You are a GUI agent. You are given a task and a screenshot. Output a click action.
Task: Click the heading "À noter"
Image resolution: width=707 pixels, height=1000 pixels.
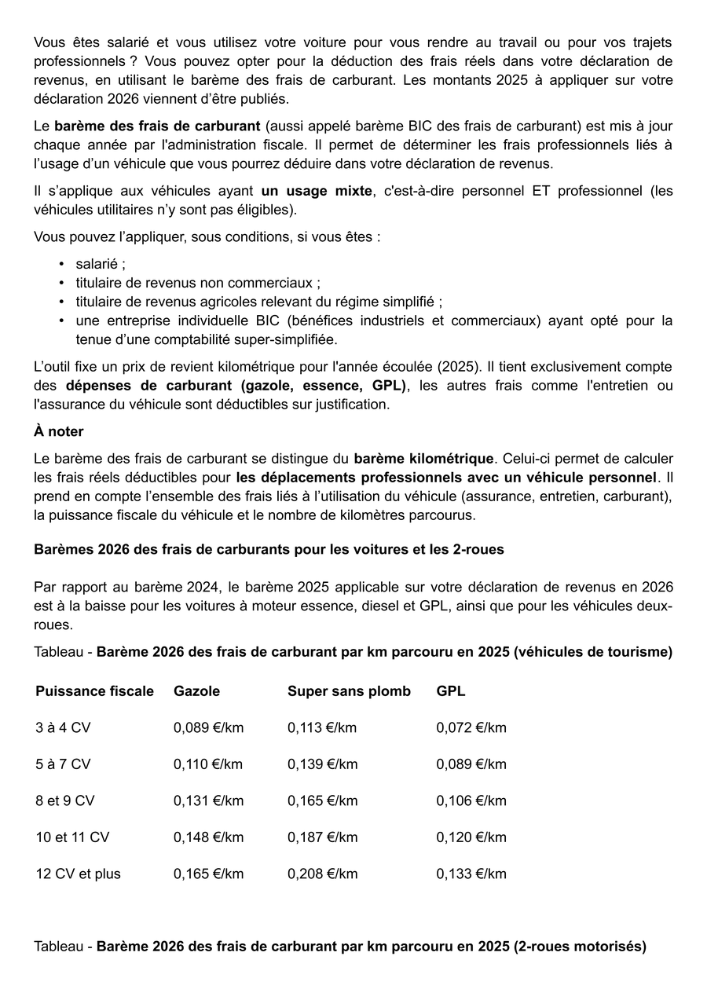(59, 431)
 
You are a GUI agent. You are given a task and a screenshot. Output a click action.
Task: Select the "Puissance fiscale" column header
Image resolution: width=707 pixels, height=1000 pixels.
(94, 691)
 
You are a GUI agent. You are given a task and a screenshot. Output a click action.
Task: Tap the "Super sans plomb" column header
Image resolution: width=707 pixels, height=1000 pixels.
(349, 691)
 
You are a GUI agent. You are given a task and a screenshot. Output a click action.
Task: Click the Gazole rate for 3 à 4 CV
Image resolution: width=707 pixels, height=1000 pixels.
(208, 727)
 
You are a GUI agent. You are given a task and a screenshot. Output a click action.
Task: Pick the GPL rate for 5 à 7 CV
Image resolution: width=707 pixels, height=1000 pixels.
(471, 764)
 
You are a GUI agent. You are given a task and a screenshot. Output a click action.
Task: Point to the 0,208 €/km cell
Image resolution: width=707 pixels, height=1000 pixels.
(322, 874)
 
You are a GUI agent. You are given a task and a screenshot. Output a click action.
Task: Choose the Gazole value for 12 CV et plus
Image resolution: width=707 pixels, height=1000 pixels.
(208, 874)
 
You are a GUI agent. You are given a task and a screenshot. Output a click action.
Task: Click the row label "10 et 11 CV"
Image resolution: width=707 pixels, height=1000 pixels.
(72, 837)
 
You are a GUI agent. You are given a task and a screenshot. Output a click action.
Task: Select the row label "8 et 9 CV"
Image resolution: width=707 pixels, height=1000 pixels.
(65, 800)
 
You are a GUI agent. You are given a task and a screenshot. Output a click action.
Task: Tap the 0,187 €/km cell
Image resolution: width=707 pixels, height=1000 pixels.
(322, 837)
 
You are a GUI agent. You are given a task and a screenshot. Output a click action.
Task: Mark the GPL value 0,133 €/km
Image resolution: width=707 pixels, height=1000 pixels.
(471, 874)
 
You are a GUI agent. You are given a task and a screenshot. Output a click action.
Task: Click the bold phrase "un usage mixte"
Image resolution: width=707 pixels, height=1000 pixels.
(317, 191)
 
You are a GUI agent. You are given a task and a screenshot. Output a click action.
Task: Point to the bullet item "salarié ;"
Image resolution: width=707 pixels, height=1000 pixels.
(101, 265)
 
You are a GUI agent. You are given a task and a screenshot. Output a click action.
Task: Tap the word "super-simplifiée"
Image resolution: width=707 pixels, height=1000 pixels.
(284, 339)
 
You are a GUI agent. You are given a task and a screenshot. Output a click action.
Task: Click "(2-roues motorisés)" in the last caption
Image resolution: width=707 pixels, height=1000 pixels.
(581, 947)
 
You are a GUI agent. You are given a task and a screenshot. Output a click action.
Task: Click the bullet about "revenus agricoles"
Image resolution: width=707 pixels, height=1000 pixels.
(259, 302)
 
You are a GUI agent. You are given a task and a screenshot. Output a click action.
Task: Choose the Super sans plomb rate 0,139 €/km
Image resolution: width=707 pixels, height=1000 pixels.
(322, 764)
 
